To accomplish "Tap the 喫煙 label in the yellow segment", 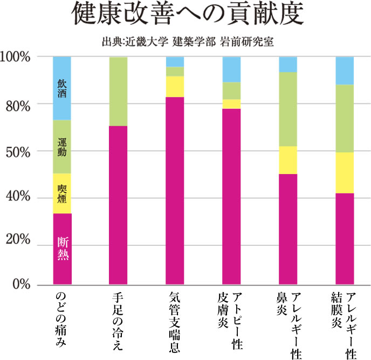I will pos(62,193).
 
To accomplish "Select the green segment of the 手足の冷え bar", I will pos(118,91).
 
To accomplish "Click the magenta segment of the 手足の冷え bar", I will pos(118,205).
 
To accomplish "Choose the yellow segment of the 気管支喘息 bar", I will pos(175,86).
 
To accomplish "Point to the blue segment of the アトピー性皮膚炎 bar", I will pos(231,69).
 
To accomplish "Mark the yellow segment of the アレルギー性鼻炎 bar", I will pos(288,160).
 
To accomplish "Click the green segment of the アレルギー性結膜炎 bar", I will pos(345,118).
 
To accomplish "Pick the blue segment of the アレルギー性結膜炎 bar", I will pos(345,70).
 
